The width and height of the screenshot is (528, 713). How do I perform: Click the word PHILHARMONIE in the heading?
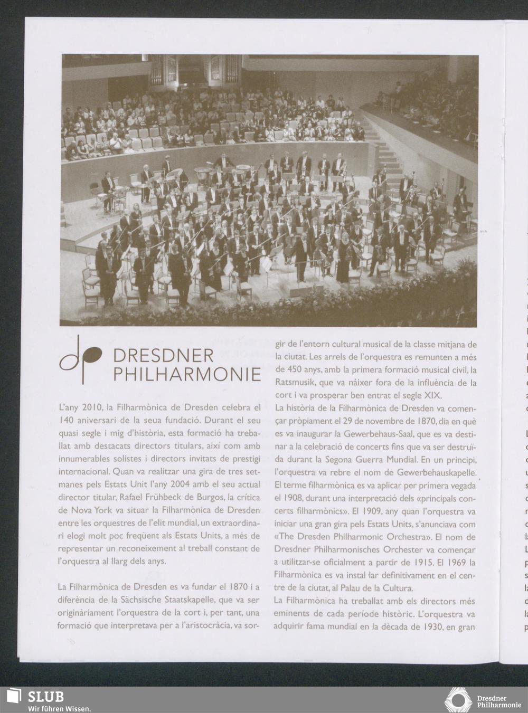pos(187,374)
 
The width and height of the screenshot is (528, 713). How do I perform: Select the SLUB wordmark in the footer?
pos(45,696)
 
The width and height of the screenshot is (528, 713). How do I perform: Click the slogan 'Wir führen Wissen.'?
pos(59,708)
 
